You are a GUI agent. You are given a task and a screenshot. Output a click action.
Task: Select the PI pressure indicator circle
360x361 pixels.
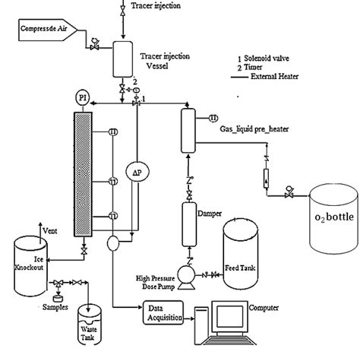pos(82,97)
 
